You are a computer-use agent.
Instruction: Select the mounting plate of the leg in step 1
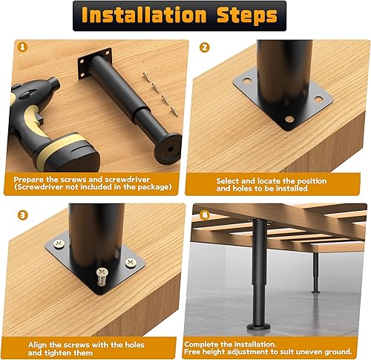(x=96, y=62)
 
